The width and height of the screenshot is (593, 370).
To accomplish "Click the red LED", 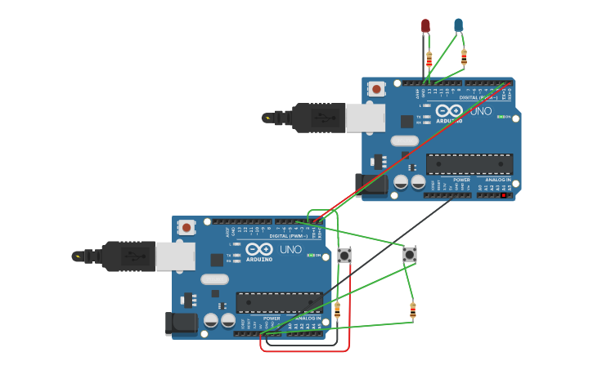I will (x=425, y=26).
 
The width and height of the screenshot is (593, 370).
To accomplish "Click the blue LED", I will (x=458, y=25).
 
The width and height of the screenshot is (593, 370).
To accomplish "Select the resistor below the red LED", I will (x=429, y=59).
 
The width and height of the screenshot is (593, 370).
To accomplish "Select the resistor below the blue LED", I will (x=464, y=57).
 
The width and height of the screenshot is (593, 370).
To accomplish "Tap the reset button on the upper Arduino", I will (x=376, y=88).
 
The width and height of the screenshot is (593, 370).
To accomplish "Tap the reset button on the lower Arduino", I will (x=186, y=227).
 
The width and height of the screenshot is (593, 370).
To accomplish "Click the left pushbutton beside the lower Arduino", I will (x=344, y=256).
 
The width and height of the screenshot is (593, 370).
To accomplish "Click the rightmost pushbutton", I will (x=409, y=255).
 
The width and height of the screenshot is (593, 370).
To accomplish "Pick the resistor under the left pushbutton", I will (x=337, y=309).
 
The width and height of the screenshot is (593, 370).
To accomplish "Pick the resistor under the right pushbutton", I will (x=412, y=310).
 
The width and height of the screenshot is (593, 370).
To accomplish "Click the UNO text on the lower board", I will (x=290, y=249).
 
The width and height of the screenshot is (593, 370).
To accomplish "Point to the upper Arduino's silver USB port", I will (x=365, y=118).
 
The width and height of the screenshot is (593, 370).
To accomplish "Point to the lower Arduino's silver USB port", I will (x=175, y=256).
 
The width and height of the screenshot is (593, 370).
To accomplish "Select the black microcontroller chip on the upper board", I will (x=469, y=164).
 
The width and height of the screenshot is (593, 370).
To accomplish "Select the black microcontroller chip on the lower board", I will (x=279, y=303).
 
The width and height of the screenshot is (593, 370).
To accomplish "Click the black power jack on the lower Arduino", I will (x=181, y=323).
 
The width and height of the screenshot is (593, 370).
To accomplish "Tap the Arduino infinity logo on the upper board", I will (x=448, y=110).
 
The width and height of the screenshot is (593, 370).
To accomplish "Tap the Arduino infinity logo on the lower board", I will (x=258, y=249).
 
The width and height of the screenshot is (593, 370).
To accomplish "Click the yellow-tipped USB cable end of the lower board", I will (x=79, y=256).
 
